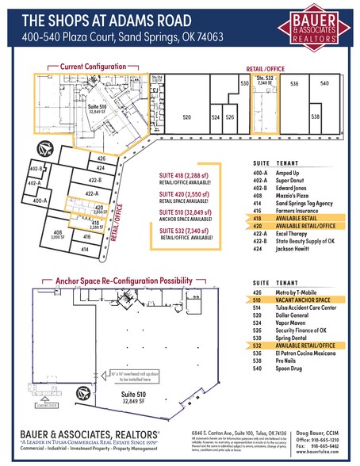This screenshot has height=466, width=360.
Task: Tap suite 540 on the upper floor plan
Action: click(x=323, y=83)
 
